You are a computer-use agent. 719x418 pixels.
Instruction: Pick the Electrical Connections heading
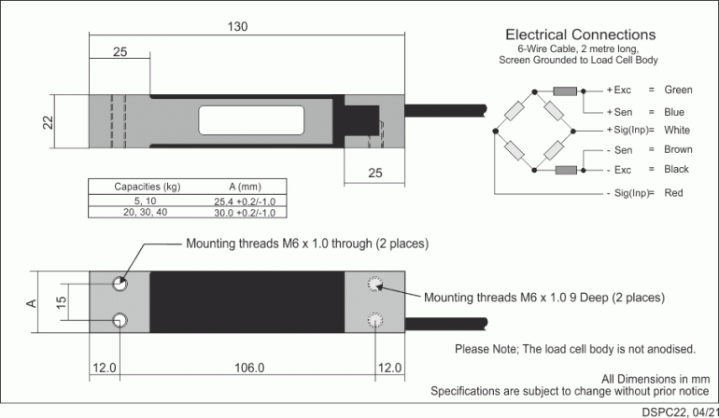579,35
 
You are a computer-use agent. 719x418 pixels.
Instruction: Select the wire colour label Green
678,91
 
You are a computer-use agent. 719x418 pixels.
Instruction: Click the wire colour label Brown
678,149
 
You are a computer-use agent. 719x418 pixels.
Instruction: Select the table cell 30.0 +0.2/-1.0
244,213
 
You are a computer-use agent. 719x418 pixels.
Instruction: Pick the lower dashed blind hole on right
376,320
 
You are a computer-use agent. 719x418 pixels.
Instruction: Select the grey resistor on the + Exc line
564,91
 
